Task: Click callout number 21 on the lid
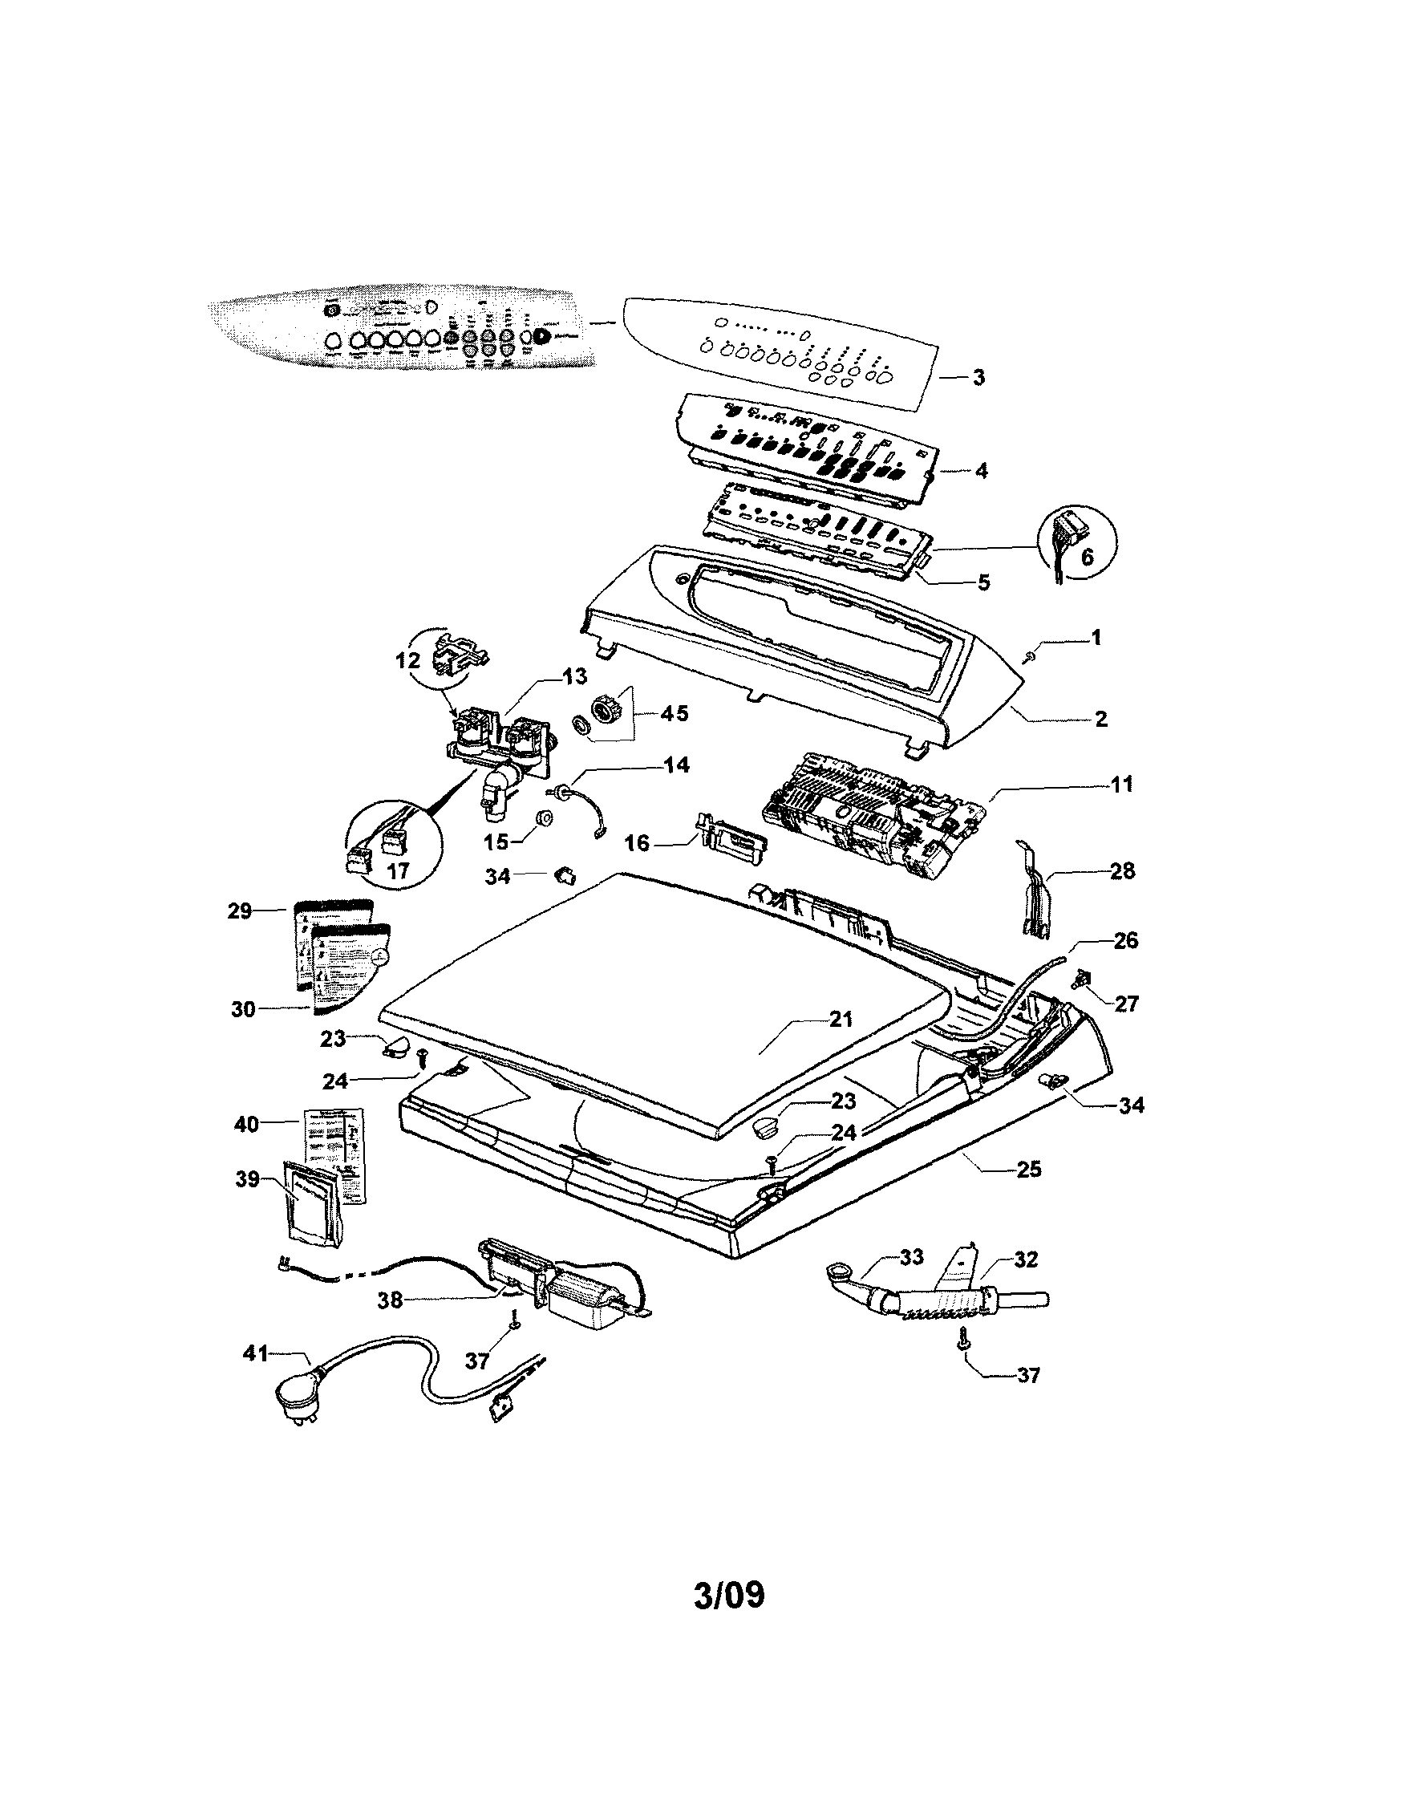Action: pyautogui.click(x=841, y=1019)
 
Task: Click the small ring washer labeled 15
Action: pyautogui.click(x=545, y=820)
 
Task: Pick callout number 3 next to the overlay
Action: pyautogui.click(x=978, y=377)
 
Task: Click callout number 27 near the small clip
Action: pyautogui.click(x=1126, y=1004)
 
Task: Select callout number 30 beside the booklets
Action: pyautogui.click(x=242, y=1010)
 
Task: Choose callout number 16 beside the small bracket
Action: pyautogui.click(x=637, y=843)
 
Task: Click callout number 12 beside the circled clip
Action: pyautogui.click(x=408, y=663)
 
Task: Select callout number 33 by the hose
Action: pyautogui.click(x=911, y=1258)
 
